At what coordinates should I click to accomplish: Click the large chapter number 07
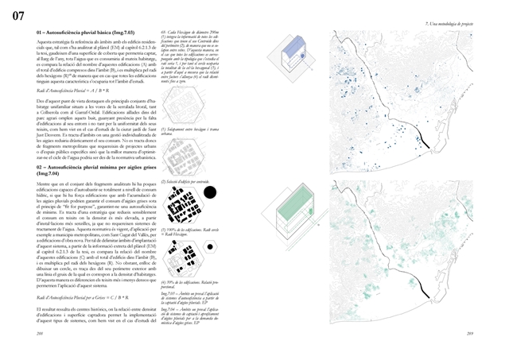pyautogui.click(x=17, y=15)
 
